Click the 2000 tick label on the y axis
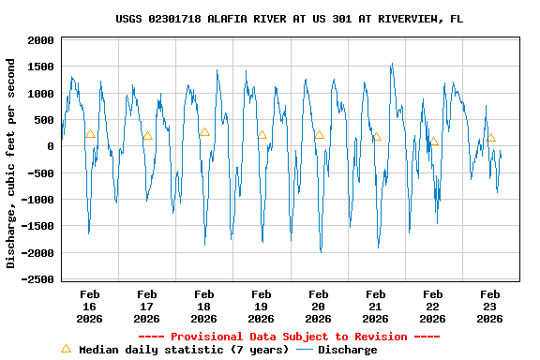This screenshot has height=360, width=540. (37, 40)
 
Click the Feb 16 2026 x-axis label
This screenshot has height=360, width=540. (90, 306)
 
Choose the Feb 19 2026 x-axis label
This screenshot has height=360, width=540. (262, 306)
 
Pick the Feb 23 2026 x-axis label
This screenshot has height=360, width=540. (490, 306)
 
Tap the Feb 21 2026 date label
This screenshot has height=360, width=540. (376, 306)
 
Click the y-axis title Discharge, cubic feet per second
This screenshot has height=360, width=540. (11, 163)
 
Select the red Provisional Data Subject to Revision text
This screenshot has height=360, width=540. (289, 337)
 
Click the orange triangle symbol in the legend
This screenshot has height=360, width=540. (66, 349)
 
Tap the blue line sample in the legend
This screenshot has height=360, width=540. (305, 350)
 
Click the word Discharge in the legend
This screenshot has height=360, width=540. (347, 350)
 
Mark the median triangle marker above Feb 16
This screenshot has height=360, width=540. (90, 134)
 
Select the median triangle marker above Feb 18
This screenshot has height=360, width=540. (204, 132)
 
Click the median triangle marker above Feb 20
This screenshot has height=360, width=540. (319, 135)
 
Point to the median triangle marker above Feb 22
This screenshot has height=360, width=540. (433, 142)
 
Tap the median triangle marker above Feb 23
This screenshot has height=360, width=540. (490, 139)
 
